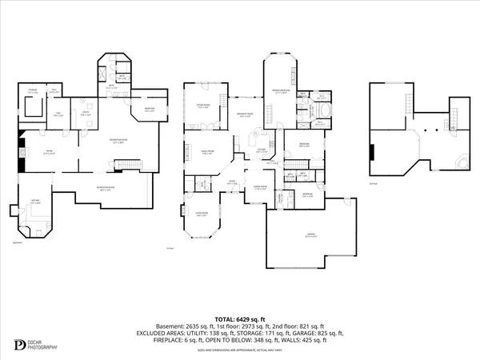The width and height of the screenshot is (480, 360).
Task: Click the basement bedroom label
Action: pos(149,110)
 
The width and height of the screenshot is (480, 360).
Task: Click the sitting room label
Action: pos(202,104)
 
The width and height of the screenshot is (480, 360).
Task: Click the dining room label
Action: pos(260,189)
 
